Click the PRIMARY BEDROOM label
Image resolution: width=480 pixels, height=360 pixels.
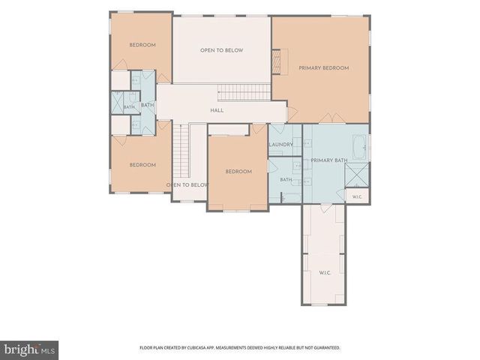click(x=324, y=68)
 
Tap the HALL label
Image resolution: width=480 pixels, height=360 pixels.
click(x=217, y=110)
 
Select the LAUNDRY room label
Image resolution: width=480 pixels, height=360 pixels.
click(x=280, y=144)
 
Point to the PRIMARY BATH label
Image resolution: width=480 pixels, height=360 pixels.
click(x=329, y=160)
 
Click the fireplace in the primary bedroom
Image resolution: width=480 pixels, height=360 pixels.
click(x=280, y=61)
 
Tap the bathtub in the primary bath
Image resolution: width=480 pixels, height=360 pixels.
click(x=359, y=147)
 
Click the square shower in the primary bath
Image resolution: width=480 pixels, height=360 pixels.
click(x=357, y=175)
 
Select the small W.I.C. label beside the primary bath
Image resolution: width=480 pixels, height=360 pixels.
click(x=357, y=196)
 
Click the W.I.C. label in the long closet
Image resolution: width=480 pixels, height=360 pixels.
click(x=325, y=272)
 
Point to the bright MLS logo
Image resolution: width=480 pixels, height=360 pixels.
click(x=29, y=350)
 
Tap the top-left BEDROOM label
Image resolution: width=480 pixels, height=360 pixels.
click(x=142, y=45)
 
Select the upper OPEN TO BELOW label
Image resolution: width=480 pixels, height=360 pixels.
click(x=222, y=50)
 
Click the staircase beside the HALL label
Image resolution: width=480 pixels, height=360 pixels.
click(x=244, y=92)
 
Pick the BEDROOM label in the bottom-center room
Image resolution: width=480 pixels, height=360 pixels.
click(x=238, y=172)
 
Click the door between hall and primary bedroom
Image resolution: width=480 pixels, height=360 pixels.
click(x=292, y=113)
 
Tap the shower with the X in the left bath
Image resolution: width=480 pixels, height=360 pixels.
click(x=117, y=103)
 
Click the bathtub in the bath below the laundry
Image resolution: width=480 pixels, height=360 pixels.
click(x=291, y=198)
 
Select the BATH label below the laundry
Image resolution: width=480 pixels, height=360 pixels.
click(x=286, y=180)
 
